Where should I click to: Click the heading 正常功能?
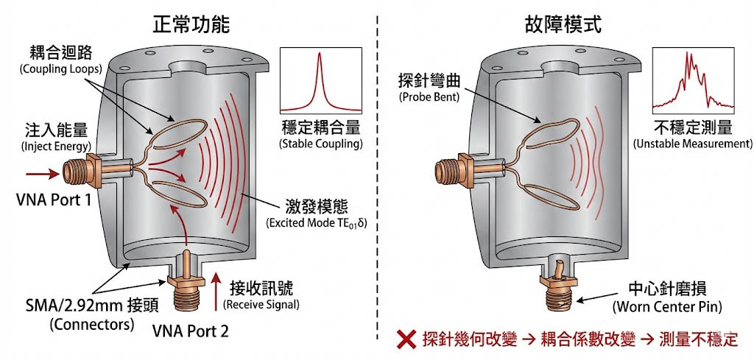[x=191, y=24]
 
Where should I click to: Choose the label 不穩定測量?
[x=692, y=127]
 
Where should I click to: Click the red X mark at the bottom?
[x=406, y=339]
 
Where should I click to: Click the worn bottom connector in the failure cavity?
[x=560, y=283]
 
